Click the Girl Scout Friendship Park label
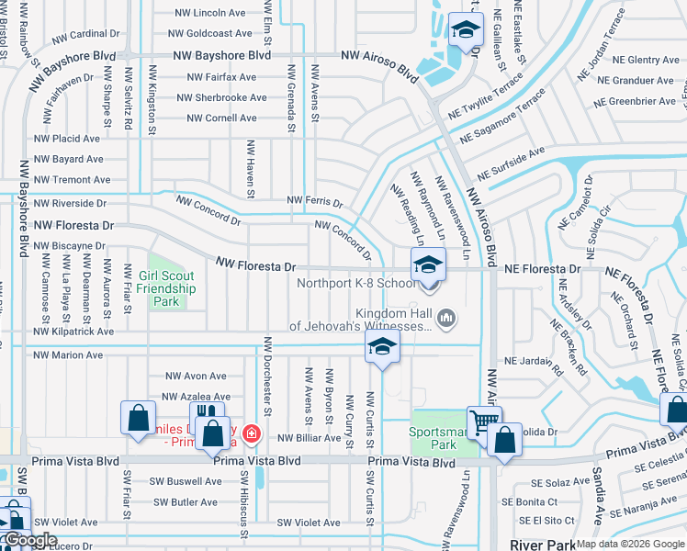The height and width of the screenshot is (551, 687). click(167, 288)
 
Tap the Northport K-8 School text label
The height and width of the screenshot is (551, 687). click(355, 283)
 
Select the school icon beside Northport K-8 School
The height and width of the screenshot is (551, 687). click(428, 267)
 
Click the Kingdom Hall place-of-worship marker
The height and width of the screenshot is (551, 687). click(446, 320)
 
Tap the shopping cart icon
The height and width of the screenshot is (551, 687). click(484, 422)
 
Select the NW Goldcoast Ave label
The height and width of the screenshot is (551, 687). click(210, 33)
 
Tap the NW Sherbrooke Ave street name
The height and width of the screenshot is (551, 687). click(221, 97)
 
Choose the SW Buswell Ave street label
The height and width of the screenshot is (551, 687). click(188, 481)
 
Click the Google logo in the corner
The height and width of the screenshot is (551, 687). click(31, 540)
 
